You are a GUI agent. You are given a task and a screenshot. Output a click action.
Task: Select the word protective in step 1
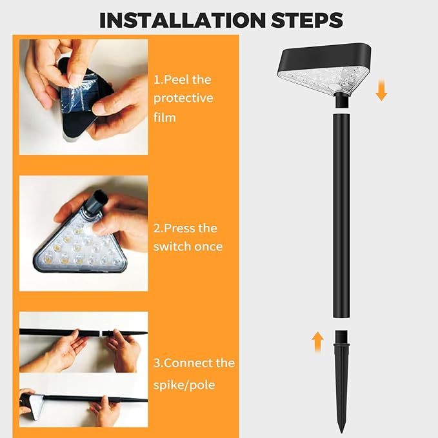183,98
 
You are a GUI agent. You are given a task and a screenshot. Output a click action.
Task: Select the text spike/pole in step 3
184,385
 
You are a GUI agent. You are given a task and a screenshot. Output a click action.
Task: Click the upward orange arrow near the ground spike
317,341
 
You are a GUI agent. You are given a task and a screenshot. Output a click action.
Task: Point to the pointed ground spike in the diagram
341,381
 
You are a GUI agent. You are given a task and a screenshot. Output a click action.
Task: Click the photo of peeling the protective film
83,97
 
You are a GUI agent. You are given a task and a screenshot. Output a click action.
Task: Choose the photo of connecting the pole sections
83,368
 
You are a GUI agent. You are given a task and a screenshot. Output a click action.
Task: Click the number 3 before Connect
157,363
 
